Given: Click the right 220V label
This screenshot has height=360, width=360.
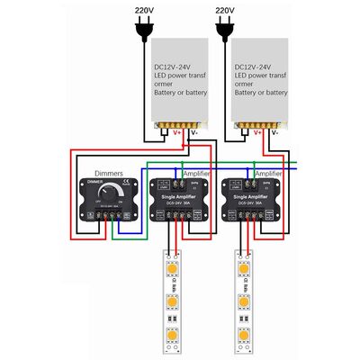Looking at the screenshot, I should point(229,11).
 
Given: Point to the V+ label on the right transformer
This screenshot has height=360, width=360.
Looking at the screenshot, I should point(257,133).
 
